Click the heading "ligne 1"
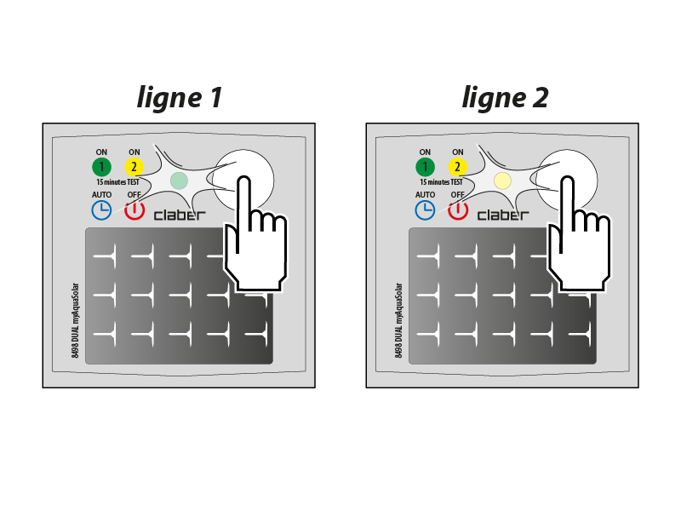pyautogui.click(x=180, y=98)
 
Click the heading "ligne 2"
pyautogui.click(x=505, y=98)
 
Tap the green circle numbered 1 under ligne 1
pyautogui.click(x=101, y=167)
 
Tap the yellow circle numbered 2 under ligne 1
pyautogui.click(x=134, y=167)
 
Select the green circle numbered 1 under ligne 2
pyautogui.click(x=425, y=167)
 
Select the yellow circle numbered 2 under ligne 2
pyautogui.click(x=458, y=167)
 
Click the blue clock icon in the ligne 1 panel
pyautogui.click(x=101, y=210)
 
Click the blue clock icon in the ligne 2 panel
pyautogui.click(x=425, y=210)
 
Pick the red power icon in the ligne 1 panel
pyautogui.click(x=134, y=210)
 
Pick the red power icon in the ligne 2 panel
pyautogui.click(x=458, y=210)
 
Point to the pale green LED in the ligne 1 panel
pyautogui.click(x=179, y=181)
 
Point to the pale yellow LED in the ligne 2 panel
pyautogui.click(x=502, y=181)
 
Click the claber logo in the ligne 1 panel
pyautogui.click(x=180, y=215)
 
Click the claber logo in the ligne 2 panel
pyautogui.click(x=503, y=215)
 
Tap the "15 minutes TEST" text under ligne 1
pyautogui.click(x=117, y=182)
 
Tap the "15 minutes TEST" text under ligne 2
pyautogui.click(x=441, y=182)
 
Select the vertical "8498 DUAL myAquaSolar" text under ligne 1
pyautogui.click(x=75, y=321)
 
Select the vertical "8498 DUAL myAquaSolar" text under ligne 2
pyautogui.click(x=398, y=321)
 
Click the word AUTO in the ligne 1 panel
pyautogui.click(x=101, y=195)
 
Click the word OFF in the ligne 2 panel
pyautogui.click(x=458, y=195)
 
